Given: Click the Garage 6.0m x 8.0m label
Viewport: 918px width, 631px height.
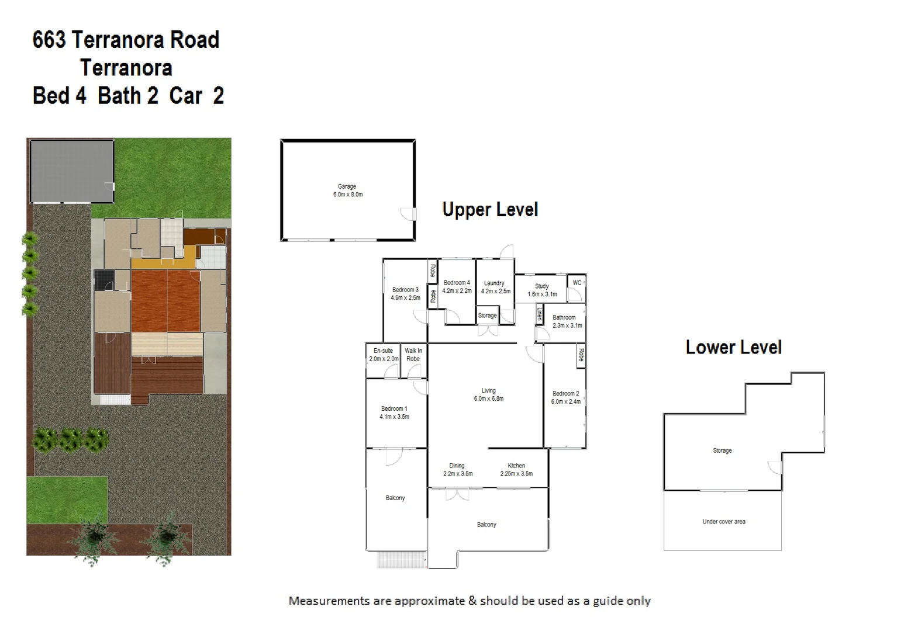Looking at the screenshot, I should click(347, 190).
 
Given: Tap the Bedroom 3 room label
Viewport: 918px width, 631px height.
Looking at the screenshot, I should click(405, 293).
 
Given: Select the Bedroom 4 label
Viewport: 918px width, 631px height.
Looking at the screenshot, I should click(457, 286).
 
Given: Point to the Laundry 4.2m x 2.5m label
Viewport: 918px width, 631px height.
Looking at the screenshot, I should click(495, 287).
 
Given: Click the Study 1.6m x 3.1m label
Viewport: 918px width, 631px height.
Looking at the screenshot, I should click(542, 290).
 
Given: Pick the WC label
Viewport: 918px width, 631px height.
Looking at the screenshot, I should click(577, 283).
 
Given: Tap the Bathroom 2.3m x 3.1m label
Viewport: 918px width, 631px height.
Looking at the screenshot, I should click(567, 321).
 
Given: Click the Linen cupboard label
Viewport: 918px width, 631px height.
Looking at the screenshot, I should click(539, 314).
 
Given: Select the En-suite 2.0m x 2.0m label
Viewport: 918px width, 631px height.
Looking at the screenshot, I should click(384, 355).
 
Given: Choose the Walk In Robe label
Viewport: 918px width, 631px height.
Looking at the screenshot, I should click(413, 355).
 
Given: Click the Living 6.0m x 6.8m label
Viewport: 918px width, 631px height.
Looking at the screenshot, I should click(488, 394).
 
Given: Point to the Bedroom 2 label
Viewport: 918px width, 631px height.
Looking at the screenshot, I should click(565, 397).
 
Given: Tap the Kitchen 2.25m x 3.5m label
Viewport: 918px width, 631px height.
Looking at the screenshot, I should click(516, 470).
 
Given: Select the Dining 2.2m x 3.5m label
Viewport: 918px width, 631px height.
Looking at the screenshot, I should click(457, 470).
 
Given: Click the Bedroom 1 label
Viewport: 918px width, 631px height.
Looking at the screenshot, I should click(394, 412).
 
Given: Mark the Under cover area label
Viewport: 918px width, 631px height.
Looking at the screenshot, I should click(723, 521).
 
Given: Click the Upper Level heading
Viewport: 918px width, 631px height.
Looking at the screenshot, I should click(489, 209).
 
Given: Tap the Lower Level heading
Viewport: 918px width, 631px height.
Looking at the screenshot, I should click(733, 347).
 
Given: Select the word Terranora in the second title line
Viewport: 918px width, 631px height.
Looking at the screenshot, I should click(126, 68).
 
